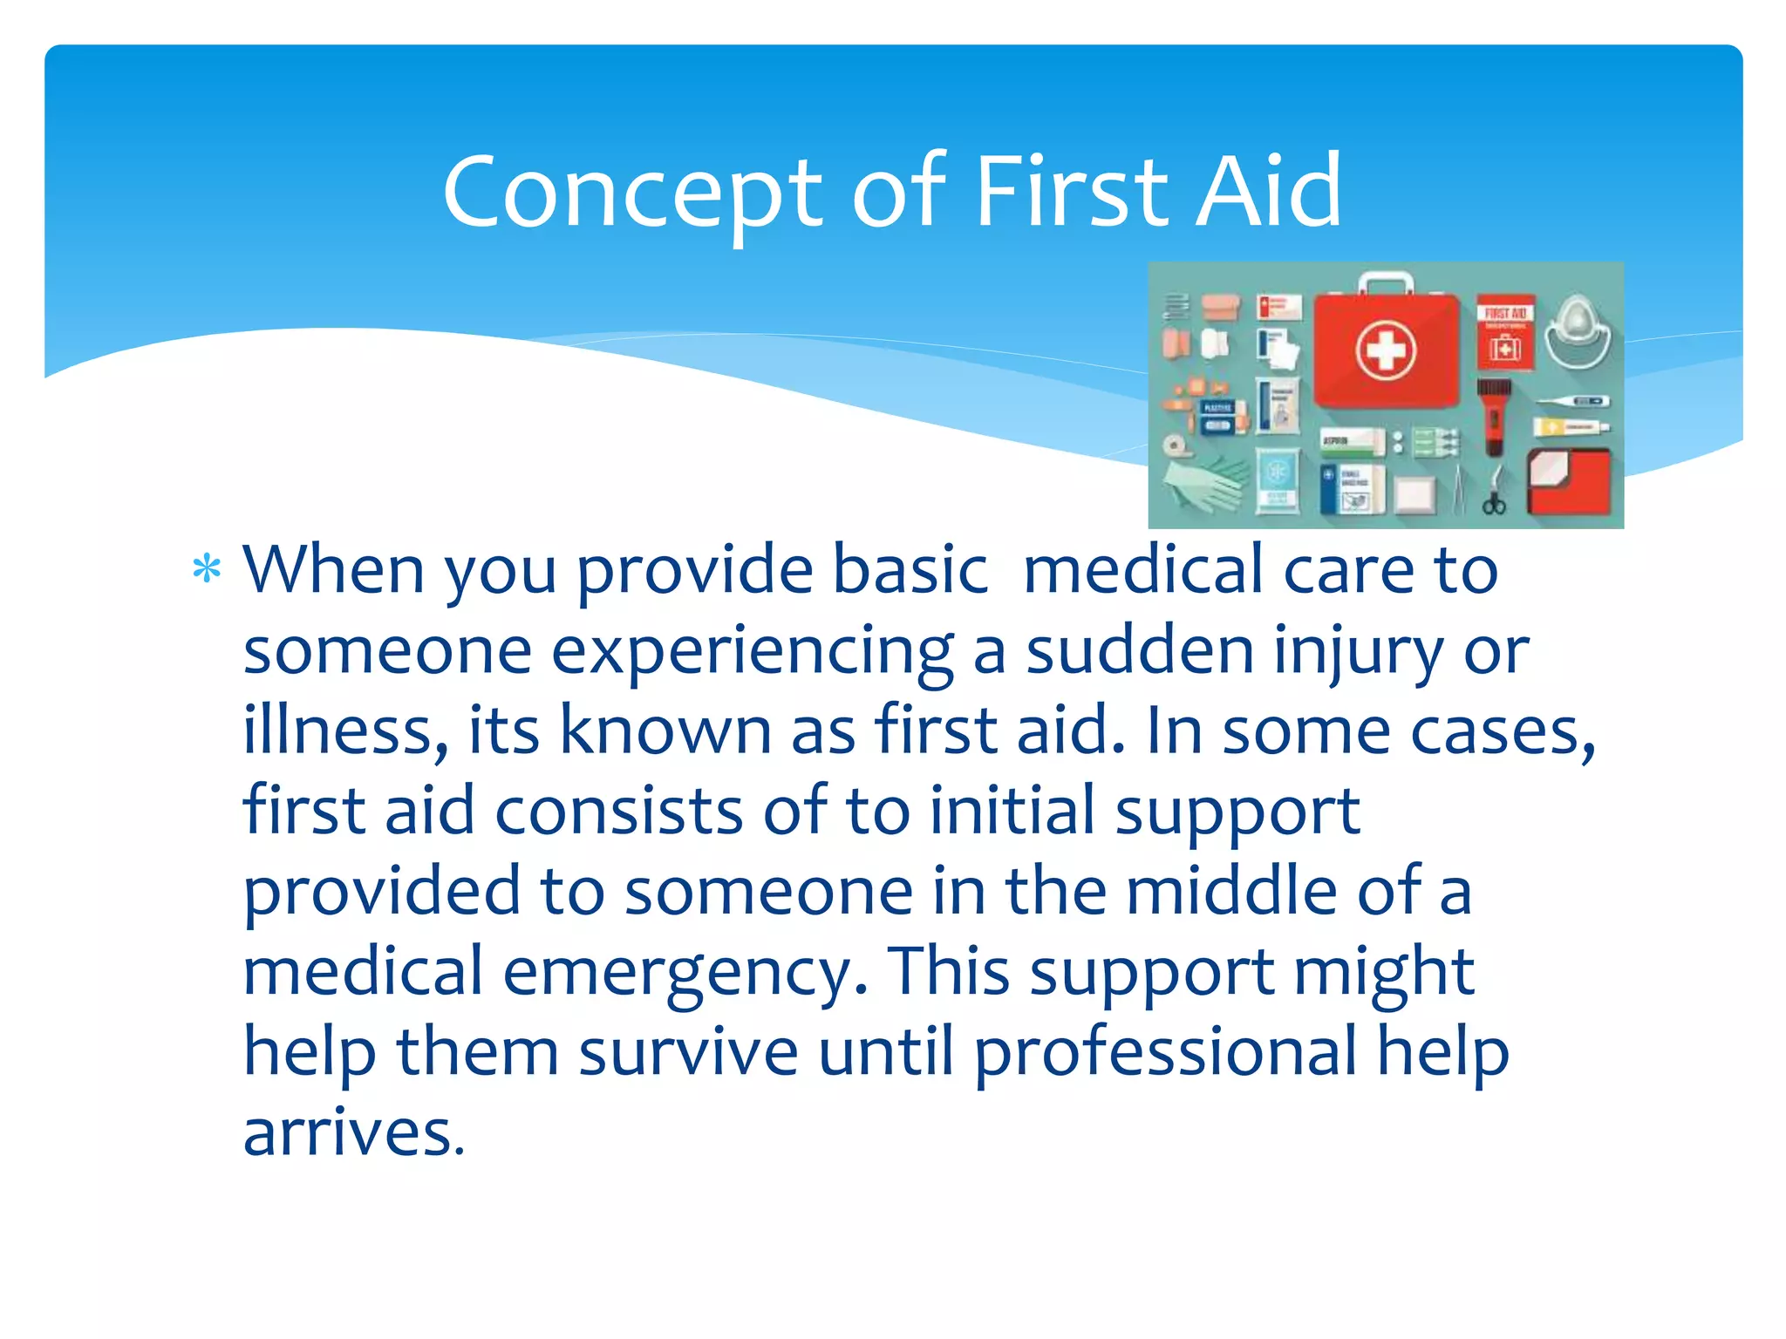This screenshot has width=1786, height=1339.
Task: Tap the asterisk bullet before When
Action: click(207, 570)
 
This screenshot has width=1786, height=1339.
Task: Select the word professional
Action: click(1165, 1051)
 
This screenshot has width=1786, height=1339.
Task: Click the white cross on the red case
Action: click(1386, 350)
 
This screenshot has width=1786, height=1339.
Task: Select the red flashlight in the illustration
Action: click(1493, 417)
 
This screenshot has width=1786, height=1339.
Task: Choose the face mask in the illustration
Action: click(1578, 331)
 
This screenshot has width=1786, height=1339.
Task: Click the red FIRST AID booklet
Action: click(1505, 331)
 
